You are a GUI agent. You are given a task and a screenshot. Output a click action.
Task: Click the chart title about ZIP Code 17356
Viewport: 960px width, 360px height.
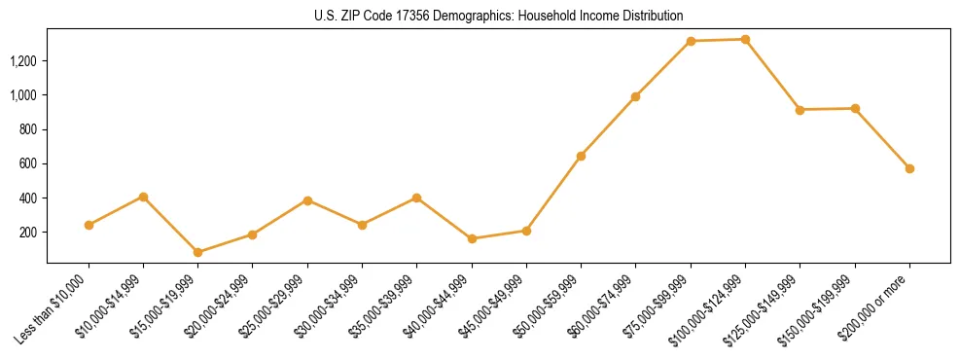point(498,16)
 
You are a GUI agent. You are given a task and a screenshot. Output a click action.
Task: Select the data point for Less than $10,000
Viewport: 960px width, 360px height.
point(89,225)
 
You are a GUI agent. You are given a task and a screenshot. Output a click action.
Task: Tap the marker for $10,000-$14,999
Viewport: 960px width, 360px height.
point(143,197)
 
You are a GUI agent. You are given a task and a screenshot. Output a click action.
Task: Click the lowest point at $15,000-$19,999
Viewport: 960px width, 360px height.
point(198,252)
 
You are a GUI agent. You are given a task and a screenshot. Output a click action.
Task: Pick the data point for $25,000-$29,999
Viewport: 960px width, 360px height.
point(307,200)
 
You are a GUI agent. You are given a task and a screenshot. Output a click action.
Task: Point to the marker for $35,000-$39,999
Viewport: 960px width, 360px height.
point(416,198)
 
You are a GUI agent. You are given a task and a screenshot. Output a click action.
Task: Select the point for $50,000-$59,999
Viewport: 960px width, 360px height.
point(581,156)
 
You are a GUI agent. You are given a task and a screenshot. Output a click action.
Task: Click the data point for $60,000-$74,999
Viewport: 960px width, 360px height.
point(635,96)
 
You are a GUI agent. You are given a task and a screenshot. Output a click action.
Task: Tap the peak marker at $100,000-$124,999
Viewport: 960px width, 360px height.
point(745,39)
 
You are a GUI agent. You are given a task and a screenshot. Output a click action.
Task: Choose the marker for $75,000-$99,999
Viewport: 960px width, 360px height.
point(691,41)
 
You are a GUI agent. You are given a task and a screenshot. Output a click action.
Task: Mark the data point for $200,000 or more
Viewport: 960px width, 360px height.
point(909,168)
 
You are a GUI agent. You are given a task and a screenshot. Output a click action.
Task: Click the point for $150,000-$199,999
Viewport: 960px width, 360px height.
point(855,108)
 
